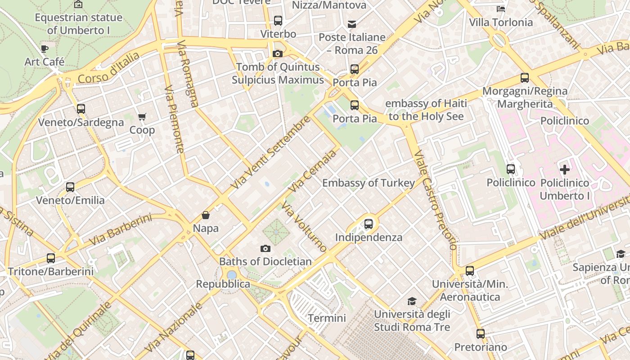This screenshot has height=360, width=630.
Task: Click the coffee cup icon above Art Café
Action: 44,49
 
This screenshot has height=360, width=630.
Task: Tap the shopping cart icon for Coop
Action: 142,117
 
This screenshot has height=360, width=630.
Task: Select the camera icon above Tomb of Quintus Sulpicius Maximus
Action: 278,54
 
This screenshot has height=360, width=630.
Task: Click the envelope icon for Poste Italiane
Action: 352,24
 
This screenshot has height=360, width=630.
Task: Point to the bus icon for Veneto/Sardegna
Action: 81,109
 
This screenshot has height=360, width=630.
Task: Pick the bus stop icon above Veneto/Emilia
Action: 70,187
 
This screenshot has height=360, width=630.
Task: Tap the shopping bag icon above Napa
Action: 206,215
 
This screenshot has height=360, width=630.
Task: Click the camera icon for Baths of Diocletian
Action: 265,248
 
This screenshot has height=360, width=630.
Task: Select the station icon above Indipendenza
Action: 369,224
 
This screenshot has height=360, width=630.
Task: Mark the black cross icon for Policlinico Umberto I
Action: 564,170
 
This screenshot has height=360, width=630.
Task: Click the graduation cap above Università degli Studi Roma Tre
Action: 412,301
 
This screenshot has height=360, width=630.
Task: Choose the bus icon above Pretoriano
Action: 481,334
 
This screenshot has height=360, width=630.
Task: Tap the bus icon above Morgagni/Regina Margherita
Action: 525,78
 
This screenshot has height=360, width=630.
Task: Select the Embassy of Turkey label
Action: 369,183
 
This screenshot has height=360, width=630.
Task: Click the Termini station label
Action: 327,318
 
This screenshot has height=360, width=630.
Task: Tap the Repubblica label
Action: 223,284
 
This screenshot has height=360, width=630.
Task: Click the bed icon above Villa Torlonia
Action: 501,9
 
